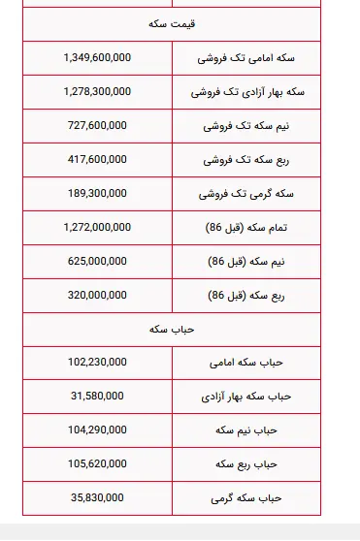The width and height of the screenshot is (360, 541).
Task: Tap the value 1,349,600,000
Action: point(97,58)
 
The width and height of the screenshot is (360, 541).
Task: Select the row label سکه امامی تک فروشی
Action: point(245,58)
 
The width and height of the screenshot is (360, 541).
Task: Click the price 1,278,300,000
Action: point(97,92)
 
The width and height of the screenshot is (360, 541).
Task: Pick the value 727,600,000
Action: point(97,126)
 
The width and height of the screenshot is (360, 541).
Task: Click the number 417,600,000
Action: point(97,160)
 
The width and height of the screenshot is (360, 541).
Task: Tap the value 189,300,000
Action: point(97,194)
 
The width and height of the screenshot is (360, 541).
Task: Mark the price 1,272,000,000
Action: point(97,227)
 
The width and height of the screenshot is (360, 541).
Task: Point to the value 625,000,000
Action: point(97,261)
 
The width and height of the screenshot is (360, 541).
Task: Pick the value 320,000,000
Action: point(97,295)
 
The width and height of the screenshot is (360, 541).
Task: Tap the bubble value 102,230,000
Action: point(97,362)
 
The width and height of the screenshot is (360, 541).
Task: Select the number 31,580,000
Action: point(97,396)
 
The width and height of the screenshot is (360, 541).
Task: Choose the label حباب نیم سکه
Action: point(245,430)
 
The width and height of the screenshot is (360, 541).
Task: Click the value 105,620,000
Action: point(97,463)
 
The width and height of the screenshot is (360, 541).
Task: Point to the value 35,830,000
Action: point(97,497)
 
